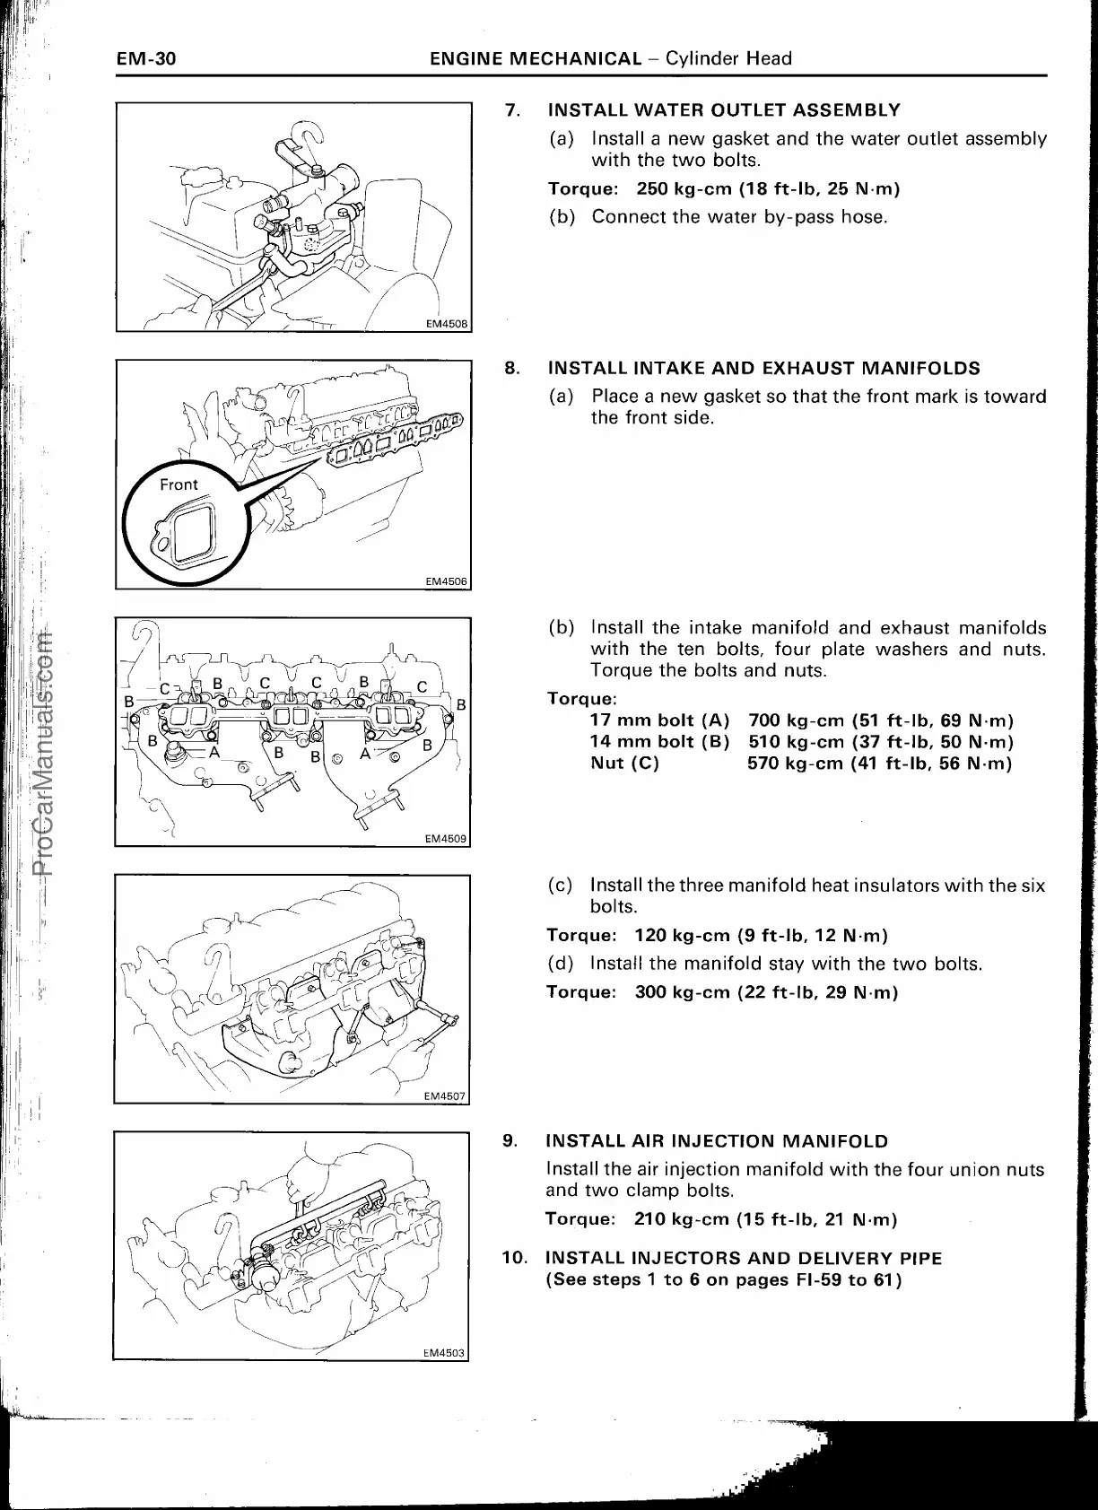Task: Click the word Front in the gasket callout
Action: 179,484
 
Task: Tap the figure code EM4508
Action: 446,324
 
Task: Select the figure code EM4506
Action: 446,581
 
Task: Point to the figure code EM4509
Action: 446,839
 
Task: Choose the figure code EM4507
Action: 446,1095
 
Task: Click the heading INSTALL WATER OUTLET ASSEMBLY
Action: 723,110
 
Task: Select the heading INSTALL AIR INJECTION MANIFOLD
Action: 717,1141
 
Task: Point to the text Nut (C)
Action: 624,764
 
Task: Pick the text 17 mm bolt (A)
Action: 659,720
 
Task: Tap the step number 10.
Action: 515,1258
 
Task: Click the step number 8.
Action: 512,368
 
